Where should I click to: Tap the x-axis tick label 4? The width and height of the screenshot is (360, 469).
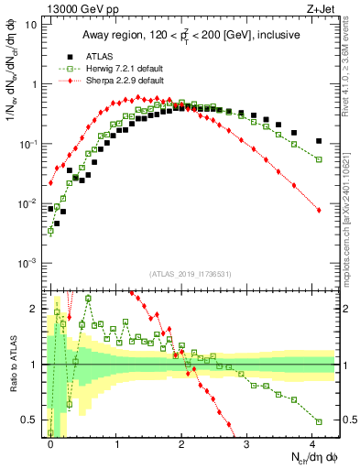313,442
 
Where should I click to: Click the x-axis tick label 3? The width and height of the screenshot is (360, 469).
247,442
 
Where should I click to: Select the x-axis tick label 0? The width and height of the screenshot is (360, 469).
50,442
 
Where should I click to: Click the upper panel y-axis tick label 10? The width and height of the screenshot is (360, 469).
31,25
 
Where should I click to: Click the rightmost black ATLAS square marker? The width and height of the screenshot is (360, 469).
318,141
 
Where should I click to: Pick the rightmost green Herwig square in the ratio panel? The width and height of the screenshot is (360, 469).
318,421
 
